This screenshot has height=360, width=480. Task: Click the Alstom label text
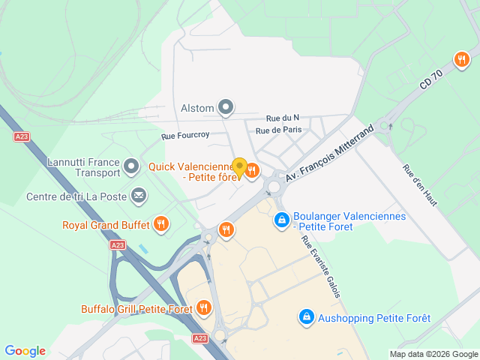point(197,108)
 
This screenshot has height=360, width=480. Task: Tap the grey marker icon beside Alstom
point(226,108)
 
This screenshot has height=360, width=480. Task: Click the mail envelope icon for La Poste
point(139,196)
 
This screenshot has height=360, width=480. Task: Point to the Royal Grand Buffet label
point(105,223)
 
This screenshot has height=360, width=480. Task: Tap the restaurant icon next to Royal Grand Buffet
point(160,223)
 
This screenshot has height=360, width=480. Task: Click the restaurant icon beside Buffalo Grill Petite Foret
point(203,307)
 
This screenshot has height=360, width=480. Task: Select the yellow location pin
point(239,168)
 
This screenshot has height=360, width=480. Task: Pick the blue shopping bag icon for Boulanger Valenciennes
point(282,220)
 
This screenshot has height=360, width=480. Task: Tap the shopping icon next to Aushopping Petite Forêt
point(306,317)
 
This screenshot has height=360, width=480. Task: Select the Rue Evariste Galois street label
point(321,267)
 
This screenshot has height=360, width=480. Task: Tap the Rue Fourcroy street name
point(185,136)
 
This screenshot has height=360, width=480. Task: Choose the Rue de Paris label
point(278,130)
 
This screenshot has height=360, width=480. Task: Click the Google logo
point(25,351)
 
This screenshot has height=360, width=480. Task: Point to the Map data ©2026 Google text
point(433,354)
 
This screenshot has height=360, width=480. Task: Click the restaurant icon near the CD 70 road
point(460,59)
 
